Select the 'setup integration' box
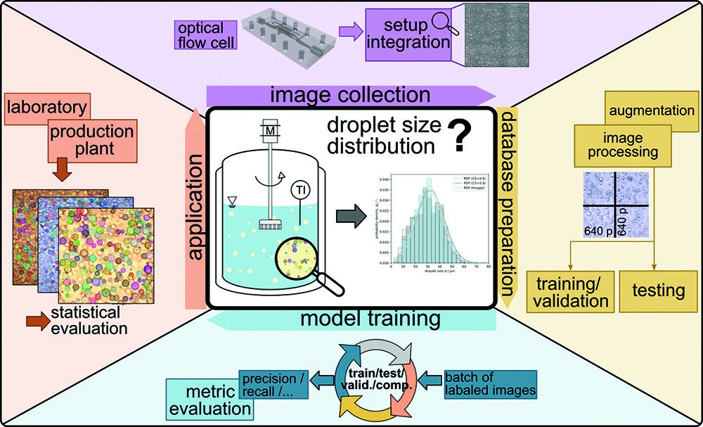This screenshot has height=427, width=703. coord(408,33)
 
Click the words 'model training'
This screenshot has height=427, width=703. coord(370,319)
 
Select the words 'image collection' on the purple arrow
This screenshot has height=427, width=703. coord(349,94)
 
